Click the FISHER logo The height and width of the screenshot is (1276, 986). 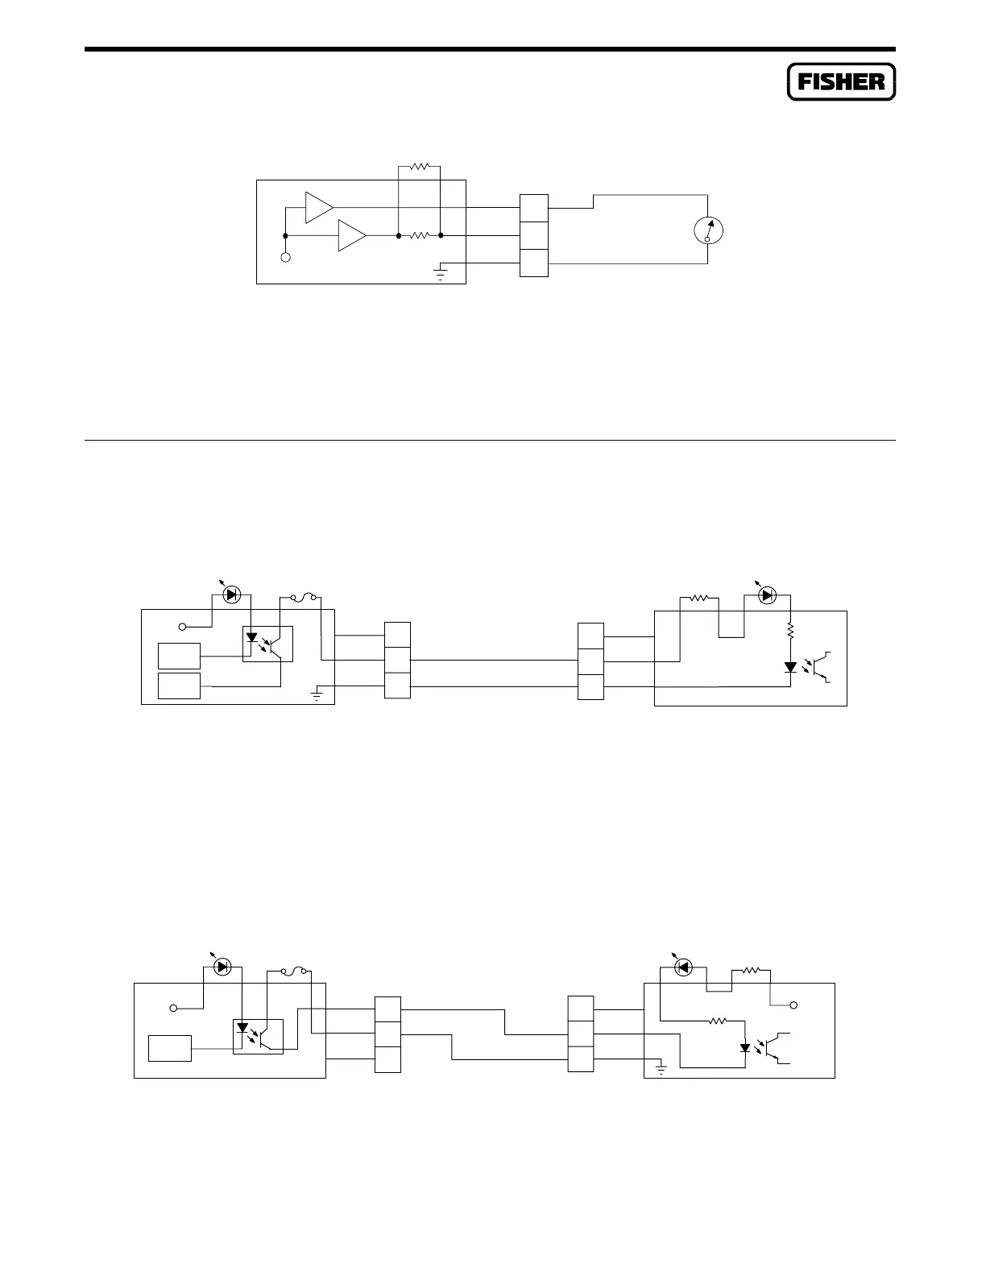click(841, 81)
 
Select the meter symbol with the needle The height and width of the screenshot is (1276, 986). click(708, 230)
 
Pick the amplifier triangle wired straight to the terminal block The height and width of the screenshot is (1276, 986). click(318, 207)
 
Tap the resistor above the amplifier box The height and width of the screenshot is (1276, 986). click(420, 167)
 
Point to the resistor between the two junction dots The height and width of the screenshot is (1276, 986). click(420, 236)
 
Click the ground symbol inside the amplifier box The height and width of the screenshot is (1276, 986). click(441, 272)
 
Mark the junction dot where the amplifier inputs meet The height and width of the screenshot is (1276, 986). click(285, 236)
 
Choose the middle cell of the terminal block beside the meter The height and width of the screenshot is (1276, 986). click(534, 236)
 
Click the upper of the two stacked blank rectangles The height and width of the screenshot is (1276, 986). click(179, 656)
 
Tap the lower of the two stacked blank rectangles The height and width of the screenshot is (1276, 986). click(179, 686)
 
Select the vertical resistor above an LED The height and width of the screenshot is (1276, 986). click(791, 629)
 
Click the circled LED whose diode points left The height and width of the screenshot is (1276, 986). click(683, 967)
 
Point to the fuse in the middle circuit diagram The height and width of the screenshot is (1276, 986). click(301, 597)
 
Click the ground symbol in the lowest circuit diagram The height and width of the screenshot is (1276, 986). click(661, 1070)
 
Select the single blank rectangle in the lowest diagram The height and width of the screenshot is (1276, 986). click(170, 1048)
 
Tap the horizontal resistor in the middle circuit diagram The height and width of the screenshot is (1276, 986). click(699, 598)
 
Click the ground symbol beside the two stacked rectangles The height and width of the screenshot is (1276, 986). click(317, 694)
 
